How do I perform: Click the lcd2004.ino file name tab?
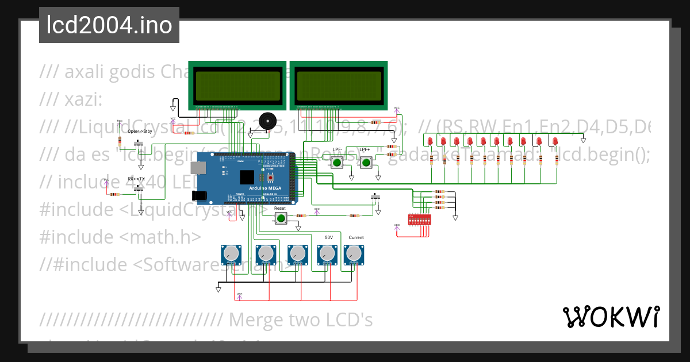(x=109, y=25)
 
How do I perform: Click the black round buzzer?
(x=267, y=121)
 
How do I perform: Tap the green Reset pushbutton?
(x=281, y=218)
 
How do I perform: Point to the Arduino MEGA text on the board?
(x=265, y=188)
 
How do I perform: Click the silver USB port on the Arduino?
(x=200, y=167)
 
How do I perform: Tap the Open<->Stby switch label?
(x=140, y=131)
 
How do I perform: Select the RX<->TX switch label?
(x=136, y=179)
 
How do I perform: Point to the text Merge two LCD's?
(x=301, y=319)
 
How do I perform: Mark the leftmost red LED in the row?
(x=431, y=141)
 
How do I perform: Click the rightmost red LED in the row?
(x=555, y=141)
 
